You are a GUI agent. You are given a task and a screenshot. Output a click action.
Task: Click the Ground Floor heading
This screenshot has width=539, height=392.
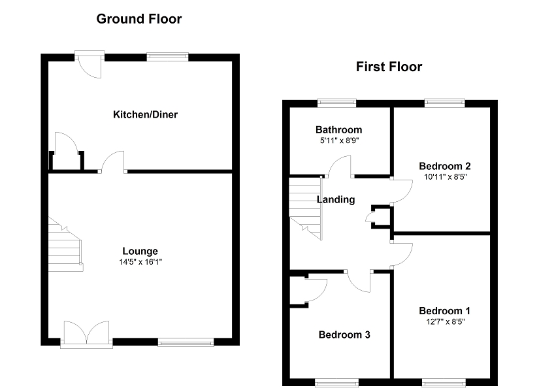click(x=139, y=19)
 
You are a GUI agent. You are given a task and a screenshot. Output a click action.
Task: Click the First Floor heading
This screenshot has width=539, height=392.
click(x=389, y=67)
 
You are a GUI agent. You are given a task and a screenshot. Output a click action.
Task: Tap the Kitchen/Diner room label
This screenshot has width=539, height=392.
click(x=145, y=115)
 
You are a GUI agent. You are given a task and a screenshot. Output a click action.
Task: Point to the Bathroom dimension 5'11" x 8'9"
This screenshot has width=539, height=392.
click(x=338, y=140)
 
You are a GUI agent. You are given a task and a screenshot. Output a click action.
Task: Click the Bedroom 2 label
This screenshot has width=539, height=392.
click(x=445, y=165)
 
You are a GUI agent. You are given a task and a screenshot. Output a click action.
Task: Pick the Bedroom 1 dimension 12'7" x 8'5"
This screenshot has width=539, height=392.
click(x=445, y=321)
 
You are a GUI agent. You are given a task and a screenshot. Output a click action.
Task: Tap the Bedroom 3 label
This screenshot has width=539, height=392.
click(x=344, y=335)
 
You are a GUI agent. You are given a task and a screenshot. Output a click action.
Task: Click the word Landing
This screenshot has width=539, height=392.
click(x=336, y=200)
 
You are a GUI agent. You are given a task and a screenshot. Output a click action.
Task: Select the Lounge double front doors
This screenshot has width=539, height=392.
click(x=86, y=333)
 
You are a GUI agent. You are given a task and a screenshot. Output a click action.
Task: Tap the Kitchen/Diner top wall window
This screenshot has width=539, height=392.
click(x=167, y=57)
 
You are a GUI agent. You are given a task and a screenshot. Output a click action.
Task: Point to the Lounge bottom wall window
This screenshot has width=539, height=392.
click(x=186, y=342)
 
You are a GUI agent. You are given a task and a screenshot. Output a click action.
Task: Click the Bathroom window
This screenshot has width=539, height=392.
click(x=336, y=103)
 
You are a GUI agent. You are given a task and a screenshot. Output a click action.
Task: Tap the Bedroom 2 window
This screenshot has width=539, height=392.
click(x=444, y=103)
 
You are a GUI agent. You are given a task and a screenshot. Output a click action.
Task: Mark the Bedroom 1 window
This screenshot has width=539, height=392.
click(x=442, y=382)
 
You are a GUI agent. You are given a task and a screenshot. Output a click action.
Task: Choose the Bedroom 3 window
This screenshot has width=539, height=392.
click(x=336, y=382)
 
